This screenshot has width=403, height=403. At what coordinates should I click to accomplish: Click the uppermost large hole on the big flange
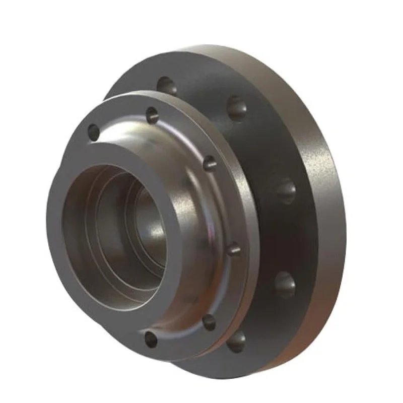click(167, 85)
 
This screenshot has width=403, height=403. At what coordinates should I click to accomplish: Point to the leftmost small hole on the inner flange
click(94, 132)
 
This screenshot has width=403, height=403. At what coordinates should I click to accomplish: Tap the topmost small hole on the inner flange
click(151, 115)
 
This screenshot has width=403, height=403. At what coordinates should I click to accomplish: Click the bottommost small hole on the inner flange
click(150, 339)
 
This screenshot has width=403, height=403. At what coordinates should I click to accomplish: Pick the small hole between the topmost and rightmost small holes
click(210, 162)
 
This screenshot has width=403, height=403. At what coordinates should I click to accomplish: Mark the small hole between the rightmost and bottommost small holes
click(209, 321)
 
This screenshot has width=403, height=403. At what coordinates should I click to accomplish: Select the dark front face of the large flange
click(262, 151)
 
